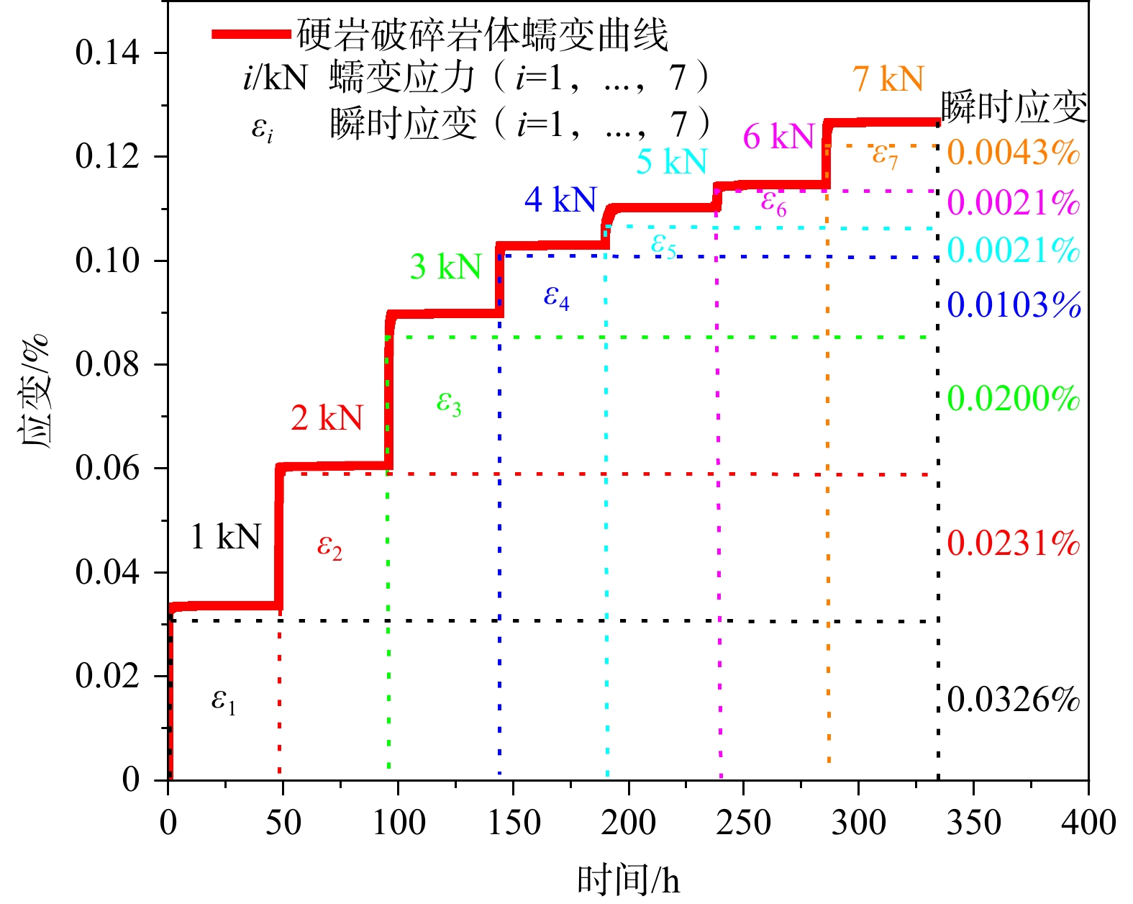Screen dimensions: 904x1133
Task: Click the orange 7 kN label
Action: [888, 78]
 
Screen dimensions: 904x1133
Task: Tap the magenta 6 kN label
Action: [778, 136]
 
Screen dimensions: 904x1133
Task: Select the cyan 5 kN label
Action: [671, 161]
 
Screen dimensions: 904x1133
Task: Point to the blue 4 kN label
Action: [560, 199]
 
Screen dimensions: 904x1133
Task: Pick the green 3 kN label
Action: [445, 267]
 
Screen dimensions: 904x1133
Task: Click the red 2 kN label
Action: [327, 417]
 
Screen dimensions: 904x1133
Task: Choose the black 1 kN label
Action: [225, 536]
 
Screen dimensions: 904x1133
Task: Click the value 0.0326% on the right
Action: [1014, 699]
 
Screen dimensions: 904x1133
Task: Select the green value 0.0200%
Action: [1014, 398]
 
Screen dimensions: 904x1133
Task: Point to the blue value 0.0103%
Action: [1014, 305]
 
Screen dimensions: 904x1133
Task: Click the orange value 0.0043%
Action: [1014, 152]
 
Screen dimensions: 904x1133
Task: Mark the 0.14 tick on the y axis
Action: [107, 53]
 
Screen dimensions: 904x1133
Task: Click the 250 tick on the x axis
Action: [743, 822]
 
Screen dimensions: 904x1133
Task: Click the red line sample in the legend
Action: [252, 34]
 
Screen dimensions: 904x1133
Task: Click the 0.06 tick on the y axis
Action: [107, 469]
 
